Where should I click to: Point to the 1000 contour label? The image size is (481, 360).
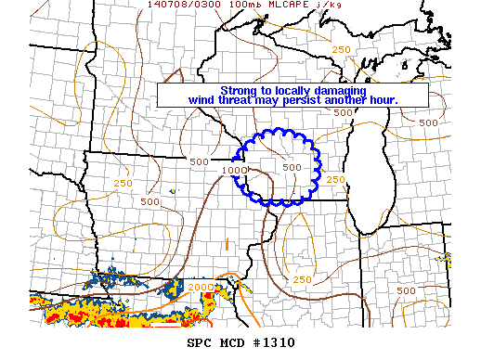234,170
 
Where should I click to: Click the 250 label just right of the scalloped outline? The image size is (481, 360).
336,179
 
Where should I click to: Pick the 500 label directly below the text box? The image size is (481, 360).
344,113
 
